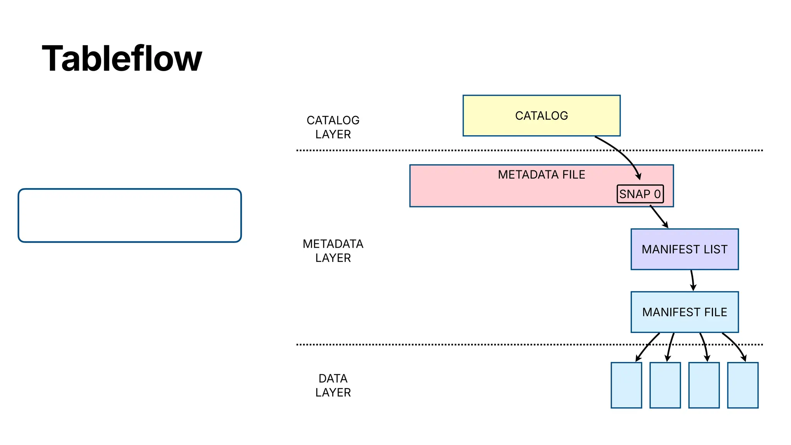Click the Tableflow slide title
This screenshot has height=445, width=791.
[122, 59]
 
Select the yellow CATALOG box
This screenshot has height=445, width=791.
[541, 115]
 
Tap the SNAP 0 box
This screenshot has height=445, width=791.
[640, 194]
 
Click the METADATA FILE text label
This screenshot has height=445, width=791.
[541, 175]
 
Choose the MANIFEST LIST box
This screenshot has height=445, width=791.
[684, 249]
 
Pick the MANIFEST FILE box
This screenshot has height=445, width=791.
[684, 312]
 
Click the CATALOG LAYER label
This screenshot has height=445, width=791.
[333, 127]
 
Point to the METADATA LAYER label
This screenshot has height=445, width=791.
[333, 251]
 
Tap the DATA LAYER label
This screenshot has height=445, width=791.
[333, 385]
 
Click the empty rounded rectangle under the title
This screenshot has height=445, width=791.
[130, 216]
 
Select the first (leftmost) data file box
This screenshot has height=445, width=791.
[626, 385]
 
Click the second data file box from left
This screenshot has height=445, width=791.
[665, 385]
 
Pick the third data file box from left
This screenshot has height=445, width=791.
[704, 385]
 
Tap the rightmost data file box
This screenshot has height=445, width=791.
[742, 385]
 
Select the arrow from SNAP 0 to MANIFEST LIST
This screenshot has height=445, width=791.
[659, 217]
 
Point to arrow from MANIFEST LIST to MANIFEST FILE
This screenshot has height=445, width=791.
[693, 280]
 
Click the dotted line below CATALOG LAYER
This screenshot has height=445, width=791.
[425, 150]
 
